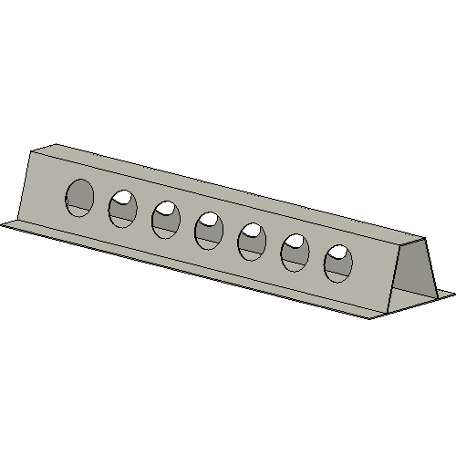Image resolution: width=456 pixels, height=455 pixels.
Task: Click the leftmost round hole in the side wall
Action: (x=79, y=198)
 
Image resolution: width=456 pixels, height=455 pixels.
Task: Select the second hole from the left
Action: (x=123, y=209)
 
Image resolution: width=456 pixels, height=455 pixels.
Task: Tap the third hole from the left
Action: (x=166, y=220)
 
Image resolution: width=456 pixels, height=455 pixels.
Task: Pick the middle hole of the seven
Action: (x=209, y=230)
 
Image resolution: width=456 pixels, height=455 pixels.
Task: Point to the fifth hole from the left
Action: (x=252, y=242)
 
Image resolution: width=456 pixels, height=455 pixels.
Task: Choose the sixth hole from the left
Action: (x=295, y=253)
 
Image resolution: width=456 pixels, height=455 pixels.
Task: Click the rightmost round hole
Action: (x=337, y=264)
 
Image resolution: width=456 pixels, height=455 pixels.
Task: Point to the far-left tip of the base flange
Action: (x=4, y=223)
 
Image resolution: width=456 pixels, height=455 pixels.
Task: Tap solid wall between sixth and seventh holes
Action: (x=316, y=258)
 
